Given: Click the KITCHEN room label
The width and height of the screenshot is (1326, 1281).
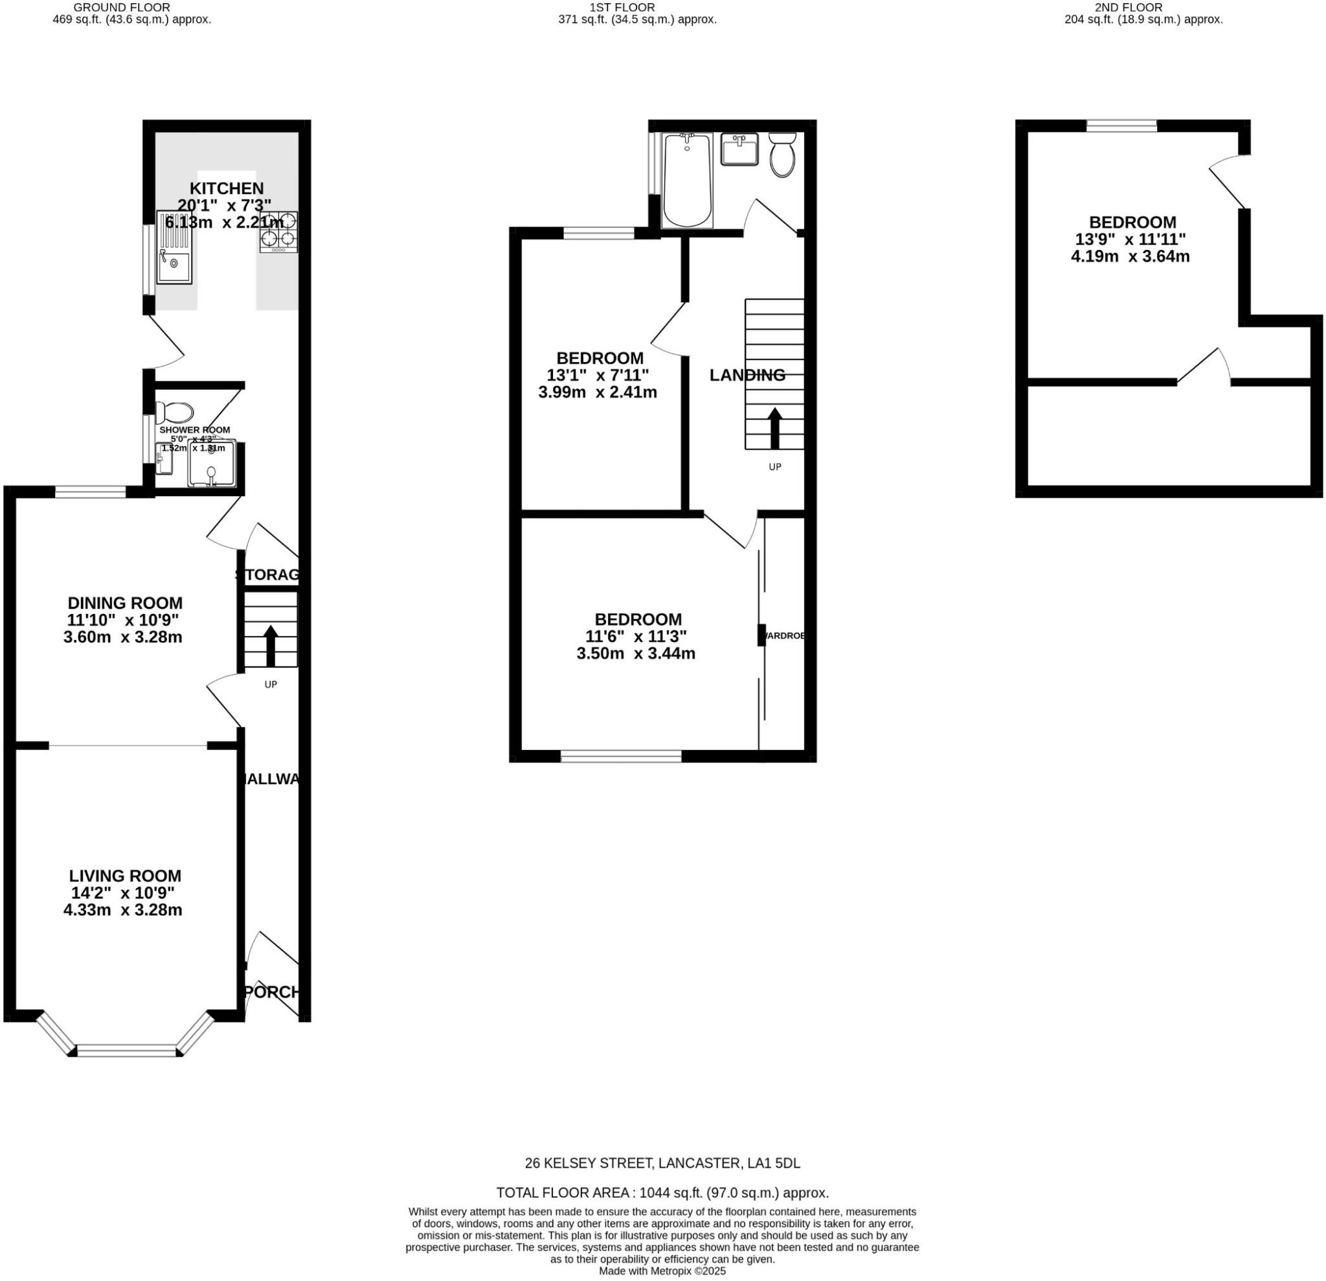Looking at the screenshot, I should click(x=226, y=189).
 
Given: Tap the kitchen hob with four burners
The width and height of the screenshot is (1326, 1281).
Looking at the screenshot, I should click(x=278, y=232).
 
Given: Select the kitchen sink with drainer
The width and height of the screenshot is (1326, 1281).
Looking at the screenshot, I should click(x=174, y=247).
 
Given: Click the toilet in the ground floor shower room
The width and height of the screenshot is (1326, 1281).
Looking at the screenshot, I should click(x=175, y=411).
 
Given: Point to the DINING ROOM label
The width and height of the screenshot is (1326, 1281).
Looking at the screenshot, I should click(x=125, y=603).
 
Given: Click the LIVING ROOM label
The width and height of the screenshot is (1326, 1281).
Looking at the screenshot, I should click(x=125, y=876).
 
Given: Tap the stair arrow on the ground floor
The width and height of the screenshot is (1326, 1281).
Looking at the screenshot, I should click(x=271, y=646).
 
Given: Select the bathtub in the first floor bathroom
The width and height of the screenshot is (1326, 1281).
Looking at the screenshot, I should click(x=687, y=181).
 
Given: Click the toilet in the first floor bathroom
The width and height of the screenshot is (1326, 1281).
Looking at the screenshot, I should click(x=782, y=155).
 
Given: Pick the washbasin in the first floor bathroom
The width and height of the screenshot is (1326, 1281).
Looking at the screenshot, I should click(x=739, y=149).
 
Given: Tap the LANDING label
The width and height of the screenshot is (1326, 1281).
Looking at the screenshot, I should click(x=747, y=375).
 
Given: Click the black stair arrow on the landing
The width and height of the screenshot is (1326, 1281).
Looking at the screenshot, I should click(x=774, y=427).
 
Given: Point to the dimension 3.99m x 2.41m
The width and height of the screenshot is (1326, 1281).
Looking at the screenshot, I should click(x=598, y=392).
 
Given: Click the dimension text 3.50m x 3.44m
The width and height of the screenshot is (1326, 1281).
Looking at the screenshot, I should click(x=635, y=653).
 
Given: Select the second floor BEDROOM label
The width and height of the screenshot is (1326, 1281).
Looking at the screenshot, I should click(x=1132, y=222).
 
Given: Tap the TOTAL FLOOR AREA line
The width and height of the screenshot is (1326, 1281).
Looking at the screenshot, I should click(x=662, y=1192).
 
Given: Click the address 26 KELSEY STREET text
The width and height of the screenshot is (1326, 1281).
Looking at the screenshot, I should click(x=662, y=1163).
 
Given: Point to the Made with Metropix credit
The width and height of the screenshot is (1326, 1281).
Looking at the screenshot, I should click(x=662, y=1271).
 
